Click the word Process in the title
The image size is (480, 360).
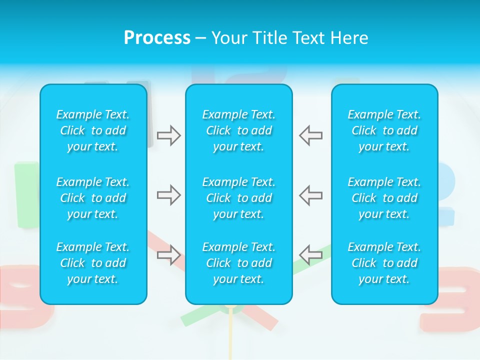click(x=157, y=38)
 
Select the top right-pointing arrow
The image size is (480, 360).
click(x=168, y=135)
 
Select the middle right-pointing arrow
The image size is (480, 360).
click(x=168, y=195)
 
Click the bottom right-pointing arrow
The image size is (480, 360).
click(x=168, y=255)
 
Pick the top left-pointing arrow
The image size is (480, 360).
click(x=311, y=135)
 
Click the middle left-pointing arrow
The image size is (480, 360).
click(x=311, y=195)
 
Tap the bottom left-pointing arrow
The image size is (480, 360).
click(x=311, y=255)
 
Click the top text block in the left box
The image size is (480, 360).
click(x=93, y=130)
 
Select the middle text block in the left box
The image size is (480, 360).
click(x=93, y=198)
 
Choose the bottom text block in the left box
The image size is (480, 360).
click(x=93, y=263)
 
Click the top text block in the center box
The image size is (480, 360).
click(x=238, y=130)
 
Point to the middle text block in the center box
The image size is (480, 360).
click(x=238, y=198)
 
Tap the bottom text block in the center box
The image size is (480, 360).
click(x=238, y=263)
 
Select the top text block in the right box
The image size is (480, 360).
click(x=384, y=130)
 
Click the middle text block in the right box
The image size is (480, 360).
click(x=384, y=198)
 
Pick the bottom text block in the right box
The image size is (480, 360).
click(x=384, y=263)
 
